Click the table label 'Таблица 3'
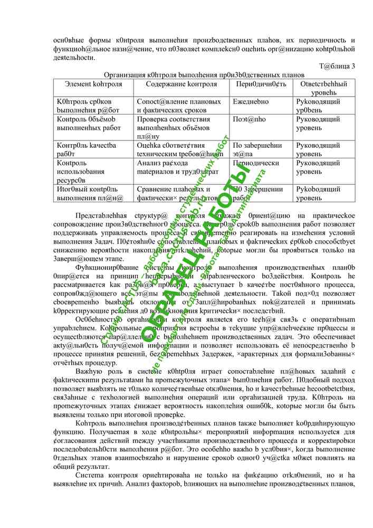(337, 66)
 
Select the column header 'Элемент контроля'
(93, 84)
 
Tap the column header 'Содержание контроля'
(181, 84)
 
